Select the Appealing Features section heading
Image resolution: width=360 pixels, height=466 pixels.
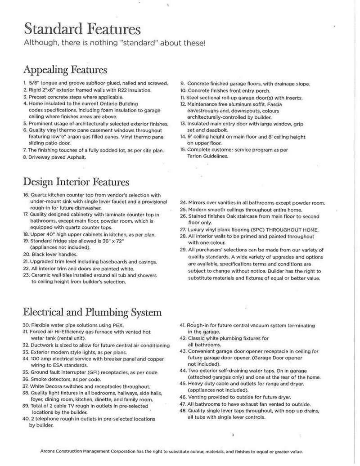65,70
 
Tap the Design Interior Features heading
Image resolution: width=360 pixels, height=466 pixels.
76,182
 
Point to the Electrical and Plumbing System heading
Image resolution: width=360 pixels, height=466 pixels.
92,312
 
